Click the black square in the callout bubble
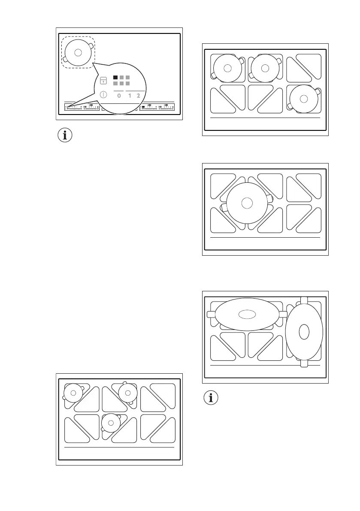coord(115,78)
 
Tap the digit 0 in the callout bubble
coord(119,96)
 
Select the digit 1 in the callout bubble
coord(129,96)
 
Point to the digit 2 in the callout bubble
coord(138,96)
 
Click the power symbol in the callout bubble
coord(103,95)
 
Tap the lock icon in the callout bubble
coord(103,80)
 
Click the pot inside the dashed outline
coord(78,52)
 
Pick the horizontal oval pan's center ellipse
coord(246,314)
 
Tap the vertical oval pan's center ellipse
coord(304,332)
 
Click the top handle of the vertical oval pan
coord(304,299)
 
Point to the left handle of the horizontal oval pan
coord(211,314)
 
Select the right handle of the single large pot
coord(269,198)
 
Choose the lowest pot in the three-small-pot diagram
coord(111,423)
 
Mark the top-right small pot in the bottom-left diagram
coord(127,391)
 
